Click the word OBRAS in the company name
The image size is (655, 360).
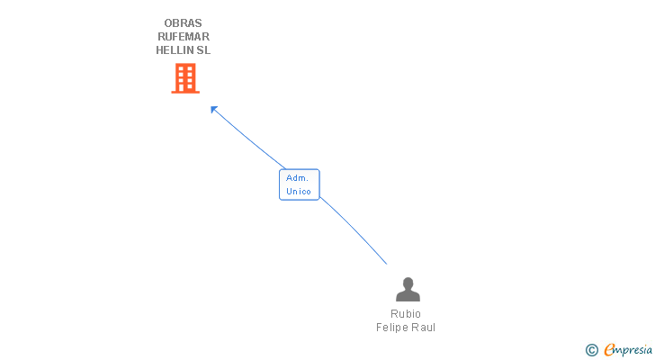click(x=184, y=23)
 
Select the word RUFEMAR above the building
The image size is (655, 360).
click(x=184, y=37)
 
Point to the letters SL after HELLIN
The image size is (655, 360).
click(x=203, y=50)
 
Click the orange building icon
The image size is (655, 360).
click(x=184, y=78)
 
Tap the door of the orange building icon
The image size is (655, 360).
click(x=184, y=88)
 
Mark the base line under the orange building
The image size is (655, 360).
click(x=184, y=93)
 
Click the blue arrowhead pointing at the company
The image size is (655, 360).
click(x=214, y=109)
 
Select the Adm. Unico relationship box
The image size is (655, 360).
click(x=299, y=184)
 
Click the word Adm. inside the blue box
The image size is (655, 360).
click(x=298, y=178)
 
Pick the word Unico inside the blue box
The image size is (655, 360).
click(x=299, y=192)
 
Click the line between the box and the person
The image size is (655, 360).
click(x=355, y=232)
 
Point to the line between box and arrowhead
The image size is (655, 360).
click(x=248, y=138)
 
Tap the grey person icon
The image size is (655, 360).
click(x=408, y=290)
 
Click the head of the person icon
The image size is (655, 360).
click(x=408, y=283)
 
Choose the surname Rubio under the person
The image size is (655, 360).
click(x=406, y=314)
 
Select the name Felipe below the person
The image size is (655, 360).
click(x=393, y=328)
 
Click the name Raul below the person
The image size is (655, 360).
click(x=424, y=328)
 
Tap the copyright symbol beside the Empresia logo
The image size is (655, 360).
click(x=592, y=350)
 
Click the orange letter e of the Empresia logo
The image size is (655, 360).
click(x=609, y=350)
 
